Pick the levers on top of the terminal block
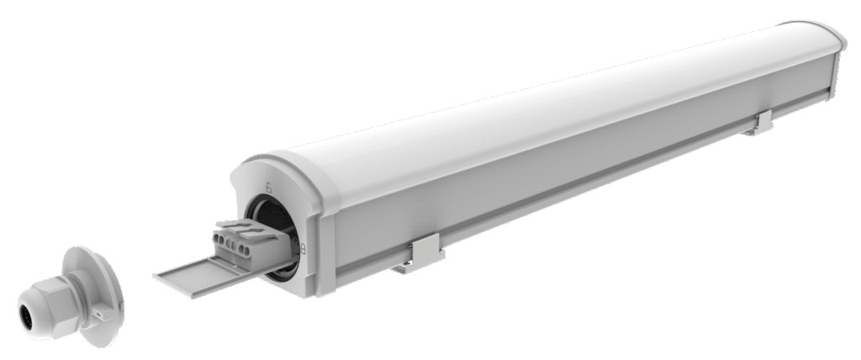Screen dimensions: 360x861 pyautogui.click(x=240, y=226)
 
